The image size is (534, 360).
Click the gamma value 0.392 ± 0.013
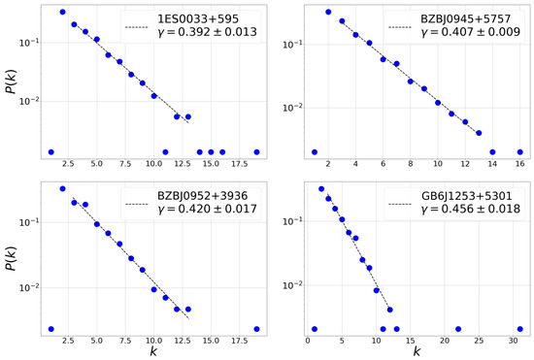205,37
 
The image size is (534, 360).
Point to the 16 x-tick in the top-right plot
520,165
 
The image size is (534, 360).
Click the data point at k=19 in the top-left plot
256,151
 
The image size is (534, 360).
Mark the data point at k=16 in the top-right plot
520,151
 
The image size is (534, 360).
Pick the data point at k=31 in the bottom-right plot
520,329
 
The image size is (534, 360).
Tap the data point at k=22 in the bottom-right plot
458,329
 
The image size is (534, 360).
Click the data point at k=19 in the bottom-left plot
256,329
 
